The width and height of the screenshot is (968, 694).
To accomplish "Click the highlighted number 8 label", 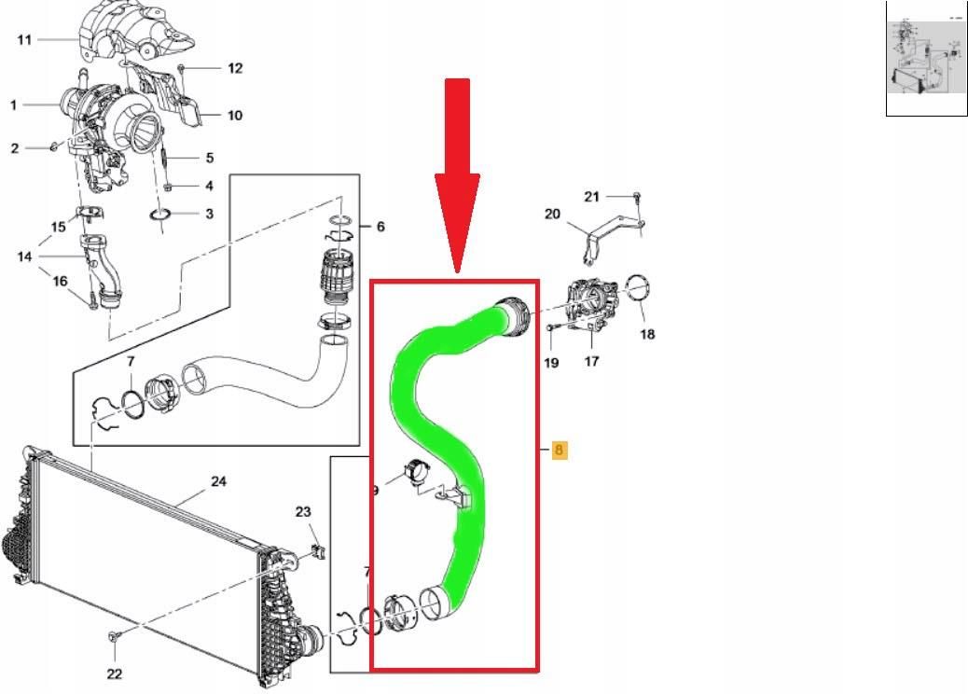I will (x=560, y=451).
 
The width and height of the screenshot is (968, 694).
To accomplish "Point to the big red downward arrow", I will (x=456, y=177).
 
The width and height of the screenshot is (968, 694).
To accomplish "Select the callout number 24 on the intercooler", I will (x=218, y=482).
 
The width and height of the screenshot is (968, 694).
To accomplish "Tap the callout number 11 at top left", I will (x=24, y=39).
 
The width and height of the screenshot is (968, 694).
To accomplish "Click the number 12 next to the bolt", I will (x=235, y=68).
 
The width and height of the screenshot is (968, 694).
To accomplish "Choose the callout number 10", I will (x=235, y=116).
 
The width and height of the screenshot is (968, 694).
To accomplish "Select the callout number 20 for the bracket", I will (x=553, y=214).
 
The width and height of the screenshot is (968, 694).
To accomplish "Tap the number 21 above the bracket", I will (x=592, y=196).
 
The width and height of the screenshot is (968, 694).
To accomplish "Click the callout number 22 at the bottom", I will (x=113, y=673).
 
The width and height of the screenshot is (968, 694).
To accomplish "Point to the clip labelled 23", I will (x=317, y=551).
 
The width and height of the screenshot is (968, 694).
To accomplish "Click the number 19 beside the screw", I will (x=551, y=363).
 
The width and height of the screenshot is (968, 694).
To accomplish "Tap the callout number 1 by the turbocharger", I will (x=14, y=105).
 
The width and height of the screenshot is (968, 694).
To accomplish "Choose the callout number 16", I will (x=59, y=281).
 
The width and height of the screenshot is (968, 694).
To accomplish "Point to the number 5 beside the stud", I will (x=210, y=159).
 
